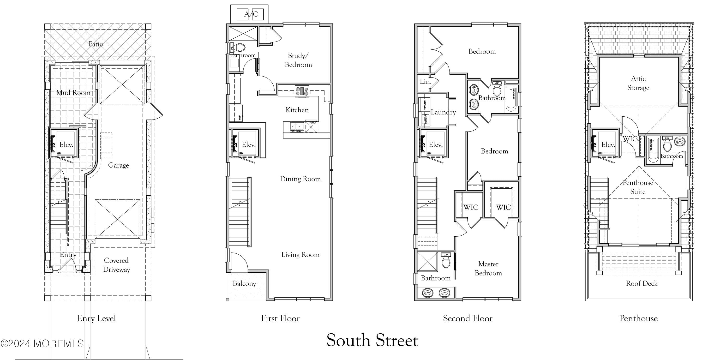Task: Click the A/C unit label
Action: pos(251,14)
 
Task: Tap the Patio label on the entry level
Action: pos(96,44)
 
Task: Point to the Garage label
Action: pos(119,165)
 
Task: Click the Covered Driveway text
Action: pos(116,265)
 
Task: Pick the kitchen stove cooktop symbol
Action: pos(302,91)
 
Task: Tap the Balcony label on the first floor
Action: pos(244,283)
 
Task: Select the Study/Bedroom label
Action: pos(298,60)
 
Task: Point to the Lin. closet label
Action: pos(426,82)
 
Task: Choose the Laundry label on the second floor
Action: pos(443,112)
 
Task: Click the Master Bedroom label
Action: pos(488,268)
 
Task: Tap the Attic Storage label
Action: pos(638,83)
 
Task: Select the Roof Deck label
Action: pos(642,283)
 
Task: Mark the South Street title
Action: pos(372,340)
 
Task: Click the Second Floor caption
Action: pos(468,318)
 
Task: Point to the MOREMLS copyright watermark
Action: pos(42,343)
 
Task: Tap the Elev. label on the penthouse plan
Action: pos(608,144)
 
